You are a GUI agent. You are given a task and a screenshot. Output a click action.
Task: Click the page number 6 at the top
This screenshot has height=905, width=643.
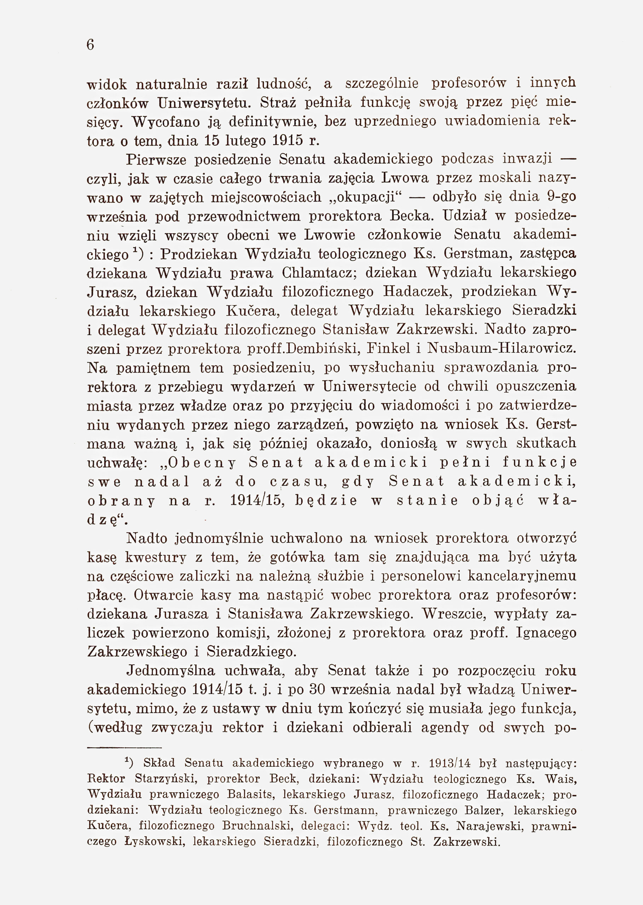[x=90, y=45]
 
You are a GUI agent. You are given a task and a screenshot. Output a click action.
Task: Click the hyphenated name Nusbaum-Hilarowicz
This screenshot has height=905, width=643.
[x=500, y=349]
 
